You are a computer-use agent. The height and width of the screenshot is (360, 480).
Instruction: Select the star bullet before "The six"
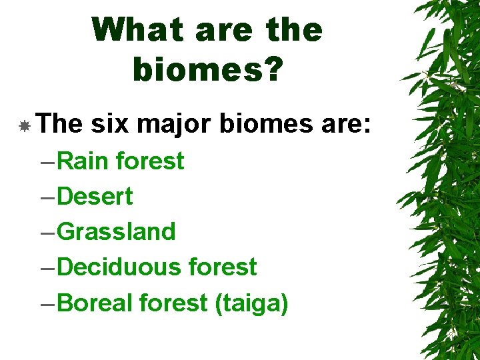(x=24, y=125)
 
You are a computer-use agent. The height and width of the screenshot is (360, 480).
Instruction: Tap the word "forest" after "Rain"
(x=150, y=161)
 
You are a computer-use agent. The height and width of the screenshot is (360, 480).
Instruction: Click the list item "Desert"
(x=95, y=196)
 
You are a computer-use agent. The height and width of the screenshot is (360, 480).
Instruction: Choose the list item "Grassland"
(x=117, y=231)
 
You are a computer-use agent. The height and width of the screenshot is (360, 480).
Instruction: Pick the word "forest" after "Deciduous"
(x=223, y=267)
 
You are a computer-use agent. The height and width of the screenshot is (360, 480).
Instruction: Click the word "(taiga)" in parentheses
(x=251, y=303)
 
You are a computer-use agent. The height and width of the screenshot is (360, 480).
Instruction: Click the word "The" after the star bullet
(x=60, y=124)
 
